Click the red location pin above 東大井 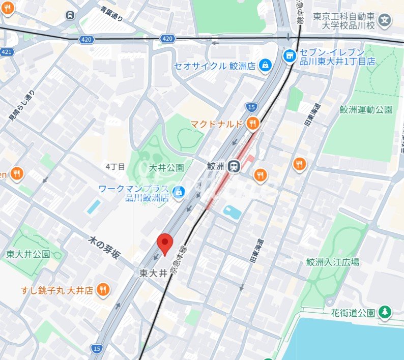pos(164,244)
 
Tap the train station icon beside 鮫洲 pos(234,166)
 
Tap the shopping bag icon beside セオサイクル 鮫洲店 pos(265,65)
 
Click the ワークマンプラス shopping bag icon pos(178,192)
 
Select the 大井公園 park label pos(166,167)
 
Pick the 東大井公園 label pos(28,254)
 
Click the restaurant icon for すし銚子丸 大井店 pos(103,289)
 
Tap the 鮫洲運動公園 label pos(366,109)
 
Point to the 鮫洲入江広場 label pos(333,262)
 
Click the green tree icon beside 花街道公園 pos(385,312)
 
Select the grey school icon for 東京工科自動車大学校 pos(386,21)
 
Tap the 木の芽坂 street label pos(104,247)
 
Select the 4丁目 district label pos(115,166)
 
